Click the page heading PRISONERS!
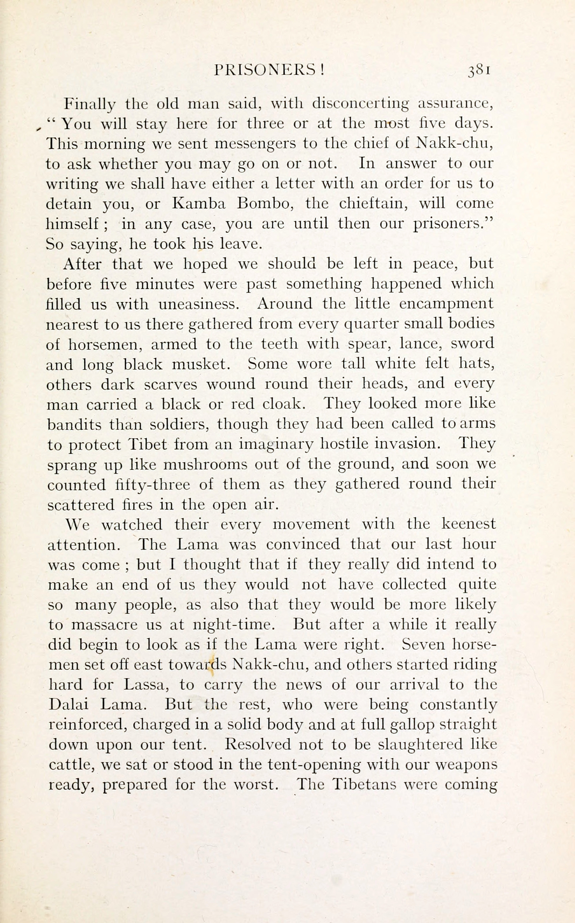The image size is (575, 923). [269, 70]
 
